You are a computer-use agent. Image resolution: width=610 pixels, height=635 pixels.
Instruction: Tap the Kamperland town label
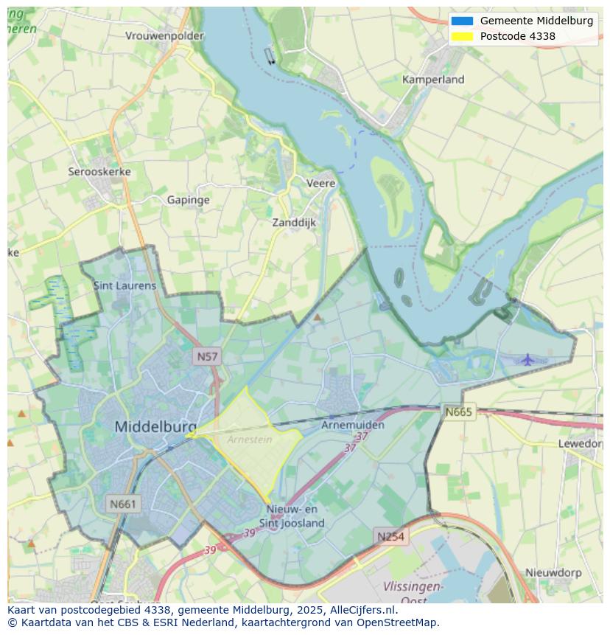point(433,79)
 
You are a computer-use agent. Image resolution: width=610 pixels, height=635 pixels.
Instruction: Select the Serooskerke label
point(99,171)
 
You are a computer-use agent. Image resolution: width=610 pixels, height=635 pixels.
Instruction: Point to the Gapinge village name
point(188,200)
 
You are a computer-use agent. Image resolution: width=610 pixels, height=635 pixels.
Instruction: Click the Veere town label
point(320,183)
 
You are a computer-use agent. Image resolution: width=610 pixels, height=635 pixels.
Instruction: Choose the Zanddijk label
point(294,222)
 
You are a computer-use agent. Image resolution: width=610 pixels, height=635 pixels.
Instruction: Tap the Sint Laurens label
point(125,285)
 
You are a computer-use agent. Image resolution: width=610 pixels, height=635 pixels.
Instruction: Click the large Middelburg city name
point(155,426)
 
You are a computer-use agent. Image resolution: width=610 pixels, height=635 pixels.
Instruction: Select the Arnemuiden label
point(353,426)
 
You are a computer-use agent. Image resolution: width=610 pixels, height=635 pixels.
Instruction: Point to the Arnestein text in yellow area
point(249,440)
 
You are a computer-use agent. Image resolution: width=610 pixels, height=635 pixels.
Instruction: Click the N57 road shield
point(208,357)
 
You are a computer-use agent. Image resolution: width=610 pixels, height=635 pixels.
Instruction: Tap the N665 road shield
point(459,412)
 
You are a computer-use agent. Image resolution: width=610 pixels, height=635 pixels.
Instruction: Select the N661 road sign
point(122,504)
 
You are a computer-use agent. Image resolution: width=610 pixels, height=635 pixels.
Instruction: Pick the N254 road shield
point(390,536)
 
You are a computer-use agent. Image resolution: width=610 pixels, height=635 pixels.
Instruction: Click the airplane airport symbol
point(527,360)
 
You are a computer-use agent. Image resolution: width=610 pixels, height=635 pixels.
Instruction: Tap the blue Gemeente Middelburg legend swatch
point(462,21)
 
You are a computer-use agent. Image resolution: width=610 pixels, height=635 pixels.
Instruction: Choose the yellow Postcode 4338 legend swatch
point(462,36)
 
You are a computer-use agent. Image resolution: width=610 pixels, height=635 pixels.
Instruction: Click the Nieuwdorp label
point(553,572)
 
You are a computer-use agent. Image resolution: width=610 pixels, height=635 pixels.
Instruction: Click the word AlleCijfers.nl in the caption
point(363,610)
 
